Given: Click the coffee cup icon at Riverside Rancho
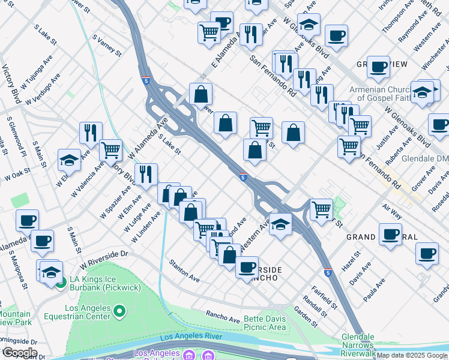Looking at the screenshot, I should tap(246, 266).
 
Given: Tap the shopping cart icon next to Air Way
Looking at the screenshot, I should tap(322, 209).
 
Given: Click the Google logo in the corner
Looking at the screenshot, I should tap(20, 352).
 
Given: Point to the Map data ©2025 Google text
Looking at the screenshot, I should tap(411, 355).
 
